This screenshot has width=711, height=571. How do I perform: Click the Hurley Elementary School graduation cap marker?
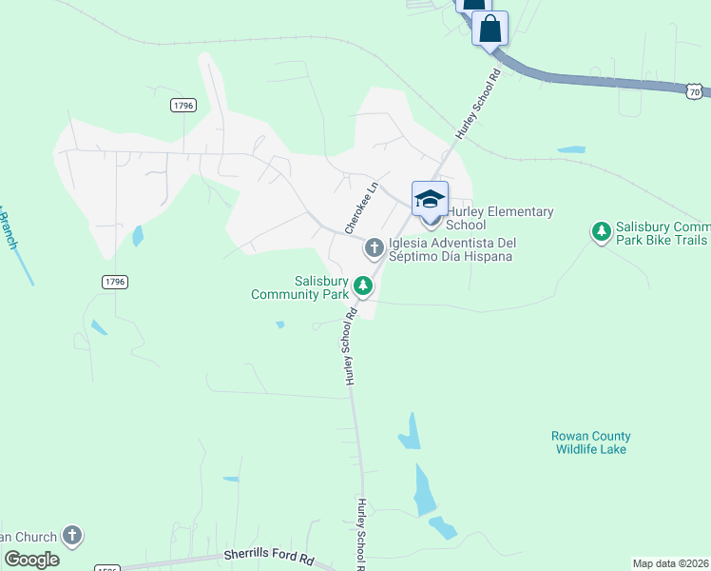point(430,199)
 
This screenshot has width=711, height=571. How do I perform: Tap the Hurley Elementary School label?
point(499,218)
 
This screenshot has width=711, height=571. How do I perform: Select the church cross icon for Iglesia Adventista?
point(375,248)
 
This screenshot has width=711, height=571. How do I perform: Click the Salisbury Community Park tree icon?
point(363,285)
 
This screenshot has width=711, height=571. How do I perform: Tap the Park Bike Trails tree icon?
point(601,231)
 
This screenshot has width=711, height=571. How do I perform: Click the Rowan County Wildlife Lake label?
point(590,443)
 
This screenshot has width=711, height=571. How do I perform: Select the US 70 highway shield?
point(695,90)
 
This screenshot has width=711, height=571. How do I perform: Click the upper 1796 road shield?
point(183,105)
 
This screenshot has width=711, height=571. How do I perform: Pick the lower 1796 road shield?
point(115,282)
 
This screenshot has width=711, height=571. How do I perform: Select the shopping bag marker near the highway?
point(490,28)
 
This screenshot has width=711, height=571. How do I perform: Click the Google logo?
point(31,560)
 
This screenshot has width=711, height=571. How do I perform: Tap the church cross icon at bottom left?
point(72,535)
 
